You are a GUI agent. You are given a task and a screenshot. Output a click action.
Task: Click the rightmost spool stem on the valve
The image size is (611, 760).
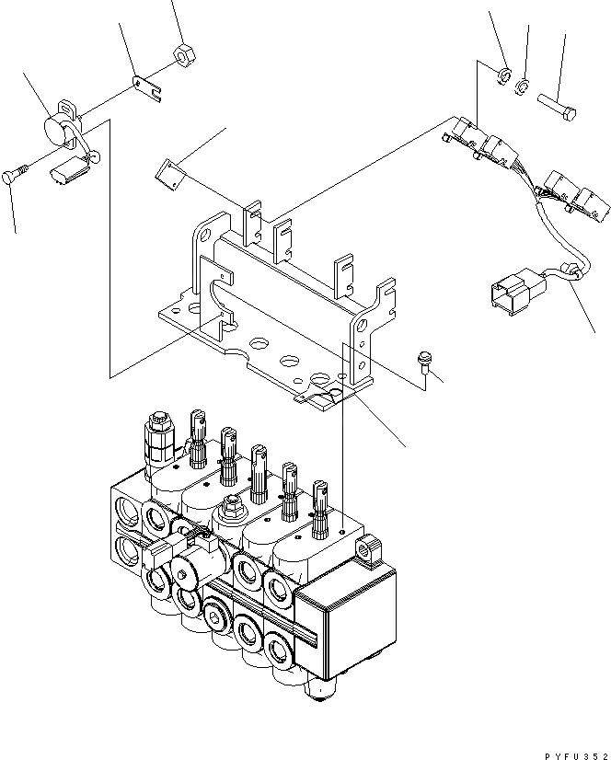coord(322,507)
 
